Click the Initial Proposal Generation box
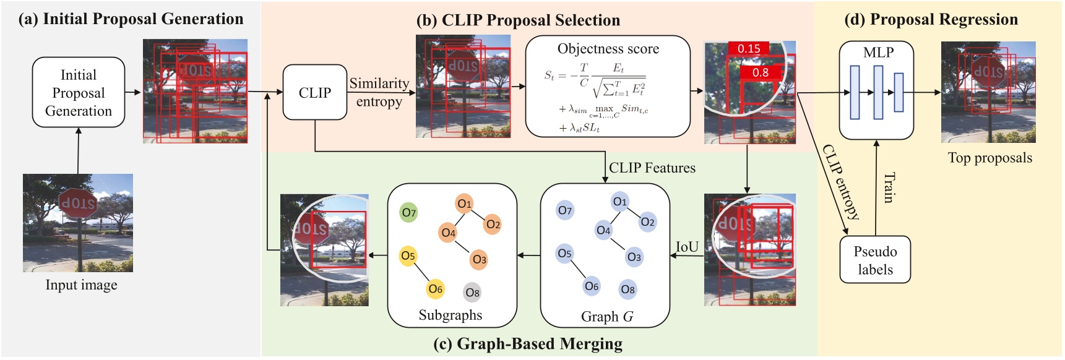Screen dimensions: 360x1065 point(79,93)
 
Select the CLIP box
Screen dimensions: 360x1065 point(314,93)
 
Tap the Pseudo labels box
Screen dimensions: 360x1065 point(875,260)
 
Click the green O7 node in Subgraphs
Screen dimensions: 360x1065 point(408,213)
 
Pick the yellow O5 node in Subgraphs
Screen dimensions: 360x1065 point(408,256)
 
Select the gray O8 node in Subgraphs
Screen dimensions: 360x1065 point(472,293)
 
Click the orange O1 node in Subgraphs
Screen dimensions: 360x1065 point(464,204)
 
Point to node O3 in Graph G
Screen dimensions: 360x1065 point(634,257)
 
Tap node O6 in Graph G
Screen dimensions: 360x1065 point(592,286)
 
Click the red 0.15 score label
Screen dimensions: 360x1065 point(749,49)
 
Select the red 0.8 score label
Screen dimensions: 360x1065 point(761,72)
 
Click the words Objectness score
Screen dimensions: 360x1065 point(608,49)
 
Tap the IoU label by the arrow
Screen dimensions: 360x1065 point(687,247)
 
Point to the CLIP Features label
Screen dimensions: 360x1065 point(652,168)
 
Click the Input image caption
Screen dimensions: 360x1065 point(81,285)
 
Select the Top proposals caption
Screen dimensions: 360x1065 point(990,158)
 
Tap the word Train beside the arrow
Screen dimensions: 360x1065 point(889,188)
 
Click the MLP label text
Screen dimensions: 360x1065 point(878,53)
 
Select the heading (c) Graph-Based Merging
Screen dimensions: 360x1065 point(528,344)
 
